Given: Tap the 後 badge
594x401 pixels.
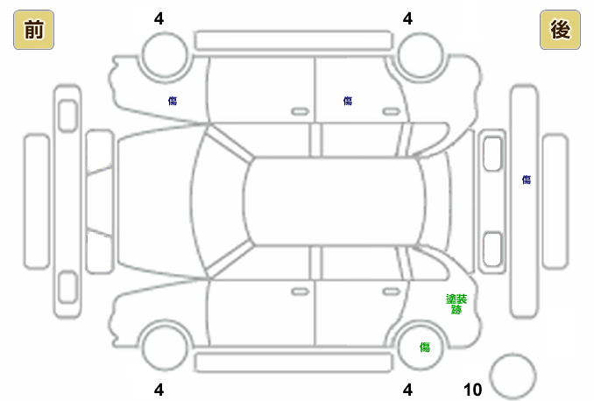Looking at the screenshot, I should point(561,31).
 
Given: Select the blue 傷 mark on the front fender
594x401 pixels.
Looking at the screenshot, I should point(173,101).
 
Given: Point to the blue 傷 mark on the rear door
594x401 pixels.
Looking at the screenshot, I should point(348,101).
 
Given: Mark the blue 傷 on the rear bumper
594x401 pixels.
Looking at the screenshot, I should point(527,179).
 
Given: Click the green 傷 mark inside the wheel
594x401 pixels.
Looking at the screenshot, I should point(425,348).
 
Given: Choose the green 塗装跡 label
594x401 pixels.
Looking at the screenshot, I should point(456,304).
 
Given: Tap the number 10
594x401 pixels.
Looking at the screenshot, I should point(472,390).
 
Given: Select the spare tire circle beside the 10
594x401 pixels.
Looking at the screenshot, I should point(513,376).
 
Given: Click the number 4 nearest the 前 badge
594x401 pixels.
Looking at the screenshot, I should point(159,18).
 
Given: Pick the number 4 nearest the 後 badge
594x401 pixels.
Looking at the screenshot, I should point(407,18).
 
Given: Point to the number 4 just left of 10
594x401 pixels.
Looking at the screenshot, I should point(407,390).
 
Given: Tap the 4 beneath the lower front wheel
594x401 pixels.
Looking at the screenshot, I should point(159,390).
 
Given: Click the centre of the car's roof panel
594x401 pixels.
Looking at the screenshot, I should point(333,201).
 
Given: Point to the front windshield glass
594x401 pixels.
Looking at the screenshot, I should point(219,200).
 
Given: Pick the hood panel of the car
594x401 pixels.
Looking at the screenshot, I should point(153,200).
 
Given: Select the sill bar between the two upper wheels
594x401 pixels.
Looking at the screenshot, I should point(293,40).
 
